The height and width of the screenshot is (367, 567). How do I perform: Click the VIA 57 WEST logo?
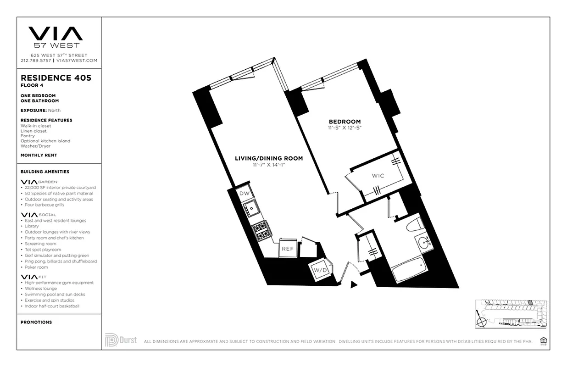[56, 37]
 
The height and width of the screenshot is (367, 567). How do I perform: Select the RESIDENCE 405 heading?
[56, 78]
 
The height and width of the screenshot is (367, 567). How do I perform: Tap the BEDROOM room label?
[345, 122]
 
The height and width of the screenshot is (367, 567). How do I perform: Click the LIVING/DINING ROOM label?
[269, 159]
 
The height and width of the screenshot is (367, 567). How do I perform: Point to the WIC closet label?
[378, 176]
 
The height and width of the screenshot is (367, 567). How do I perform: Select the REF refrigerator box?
[288, 249]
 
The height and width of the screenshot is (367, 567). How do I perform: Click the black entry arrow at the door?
[353, 284]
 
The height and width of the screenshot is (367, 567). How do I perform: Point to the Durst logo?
[121, 340]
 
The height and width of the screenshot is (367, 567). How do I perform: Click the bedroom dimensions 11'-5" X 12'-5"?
[345, 128]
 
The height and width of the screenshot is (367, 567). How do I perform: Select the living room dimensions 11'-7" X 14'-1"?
[269, 165]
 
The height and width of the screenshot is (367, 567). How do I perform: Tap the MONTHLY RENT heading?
[39, 156]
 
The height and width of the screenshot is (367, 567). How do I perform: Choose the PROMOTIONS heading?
[36, 323]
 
